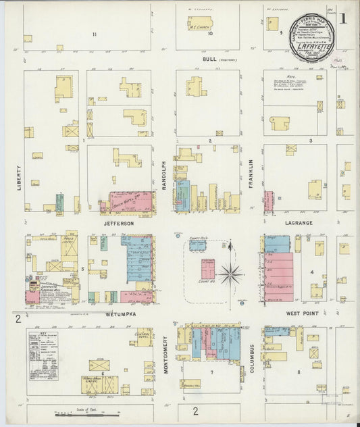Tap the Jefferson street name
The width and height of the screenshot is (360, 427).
tap(118, 223)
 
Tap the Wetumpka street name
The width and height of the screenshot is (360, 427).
tap(121, 314)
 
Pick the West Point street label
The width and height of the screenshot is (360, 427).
tap(302, 314)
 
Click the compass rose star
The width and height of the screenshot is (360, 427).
tap(231, 274)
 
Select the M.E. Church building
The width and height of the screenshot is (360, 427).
tap(200, 24)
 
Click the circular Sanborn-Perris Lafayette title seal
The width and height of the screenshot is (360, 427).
tap(313, 32)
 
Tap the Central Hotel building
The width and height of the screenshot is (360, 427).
tap(143, 336)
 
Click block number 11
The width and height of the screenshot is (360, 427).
tap(95, 34)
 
